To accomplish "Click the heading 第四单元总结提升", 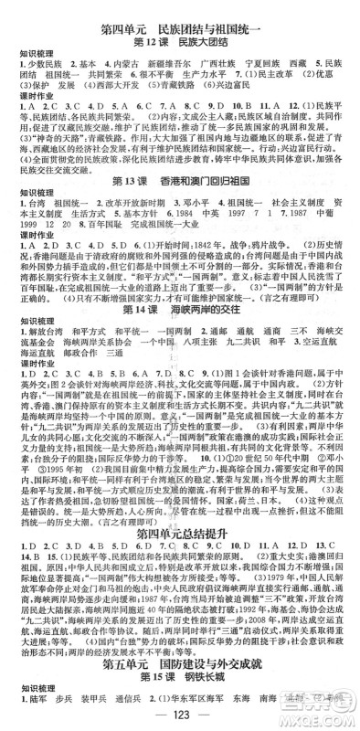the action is (179, 506).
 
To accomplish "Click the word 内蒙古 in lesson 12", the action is (104, 67).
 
